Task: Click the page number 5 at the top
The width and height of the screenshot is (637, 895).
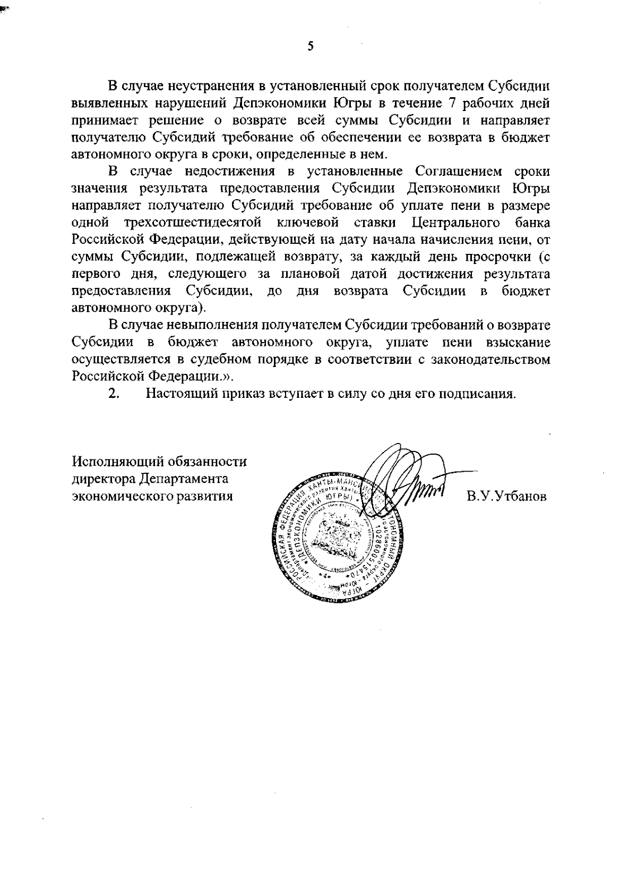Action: (x=311, y=46)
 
